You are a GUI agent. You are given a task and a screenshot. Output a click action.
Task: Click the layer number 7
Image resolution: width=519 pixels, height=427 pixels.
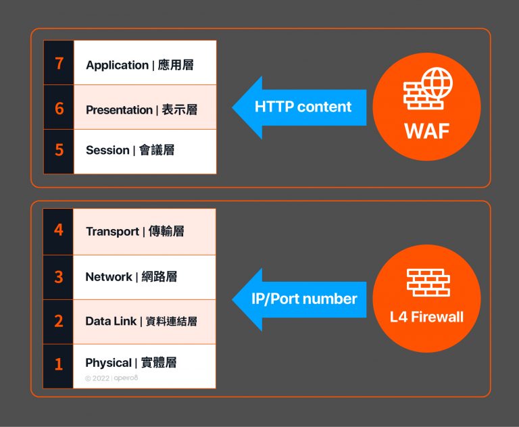pos(59,64)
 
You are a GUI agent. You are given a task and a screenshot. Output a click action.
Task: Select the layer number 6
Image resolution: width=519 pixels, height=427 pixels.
pos(59,107)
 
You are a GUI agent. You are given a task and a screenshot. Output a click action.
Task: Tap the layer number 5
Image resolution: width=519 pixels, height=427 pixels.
pos(59,149)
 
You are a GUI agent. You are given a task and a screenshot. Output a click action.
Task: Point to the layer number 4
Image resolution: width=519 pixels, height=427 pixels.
pos(59,230)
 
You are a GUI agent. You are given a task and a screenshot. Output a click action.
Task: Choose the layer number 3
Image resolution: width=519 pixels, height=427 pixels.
pos(59,276)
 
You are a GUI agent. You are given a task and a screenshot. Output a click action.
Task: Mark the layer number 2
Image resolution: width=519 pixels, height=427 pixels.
pos(59,321)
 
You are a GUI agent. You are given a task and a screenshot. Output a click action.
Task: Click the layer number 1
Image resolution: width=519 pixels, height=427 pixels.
pos(59,364)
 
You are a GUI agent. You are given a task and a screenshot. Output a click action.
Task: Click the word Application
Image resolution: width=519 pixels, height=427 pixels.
pos(117,66)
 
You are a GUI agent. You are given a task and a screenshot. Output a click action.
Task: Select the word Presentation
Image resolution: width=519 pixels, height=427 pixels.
pos(119,110)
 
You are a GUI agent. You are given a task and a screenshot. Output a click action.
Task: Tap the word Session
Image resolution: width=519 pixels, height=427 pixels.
pos(107,151)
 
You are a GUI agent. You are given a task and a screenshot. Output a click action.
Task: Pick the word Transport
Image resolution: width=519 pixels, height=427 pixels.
pos(112,232)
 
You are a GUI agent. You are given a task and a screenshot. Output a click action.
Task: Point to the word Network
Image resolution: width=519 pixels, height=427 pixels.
pos(108,277)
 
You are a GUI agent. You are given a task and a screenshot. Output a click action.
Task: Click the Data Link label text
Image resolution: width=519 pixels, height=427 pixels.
pos(111,322)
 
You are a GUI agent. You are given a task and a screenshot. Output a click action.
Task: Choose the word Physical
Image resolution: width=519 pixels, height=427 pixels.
pos(108,363)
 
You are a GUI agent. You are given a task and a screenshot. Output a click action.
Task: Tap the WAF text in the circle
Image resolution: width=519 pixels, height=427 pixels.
pos(426,130)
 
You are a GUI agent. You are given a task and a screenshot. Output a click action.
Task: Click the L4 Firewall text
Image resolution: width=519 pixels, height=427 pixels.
pos(426,316)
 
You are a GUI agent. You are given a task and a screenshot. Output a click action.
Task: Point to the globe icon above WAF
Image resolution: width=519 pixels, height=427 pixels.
pos(437,82)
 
